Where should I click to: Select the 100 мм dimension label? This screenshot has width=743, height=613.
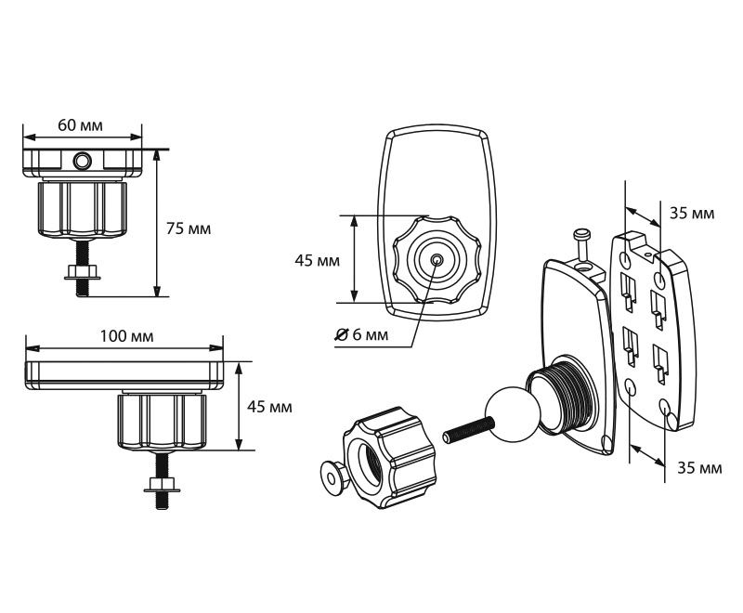pyautogui.click(x=126, y=335)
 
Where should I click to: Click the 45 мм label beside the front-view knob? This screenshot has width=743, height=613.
pyautogui.click(x=317, y=260)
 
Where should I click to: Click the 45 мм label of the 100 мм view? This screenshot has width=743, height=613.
pyautogui.click(x=270, y=407)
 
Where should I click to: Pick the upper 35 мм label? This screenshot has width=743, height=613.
pyautogui.click(x=692, y=214)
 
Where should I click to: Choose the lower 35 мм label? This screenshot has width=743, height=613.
pyautogui.click(x=697, y=468)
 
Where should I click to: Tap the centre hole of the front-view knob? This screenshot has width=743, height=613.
pyautogui.click(x=437, y=260)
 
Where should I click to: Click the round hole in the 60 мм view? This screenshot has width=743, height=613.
pyautogui.click(x=83, y=163)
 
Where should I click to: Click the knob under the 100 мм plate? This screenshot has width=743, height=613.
pyautogui.click(x=160, y=420)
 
